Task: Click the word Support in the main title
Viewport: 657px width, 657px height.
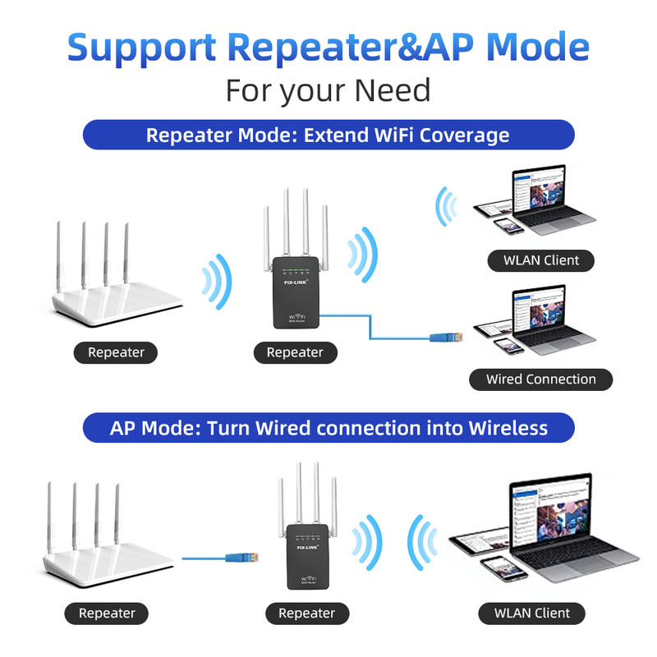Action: coord(142,48)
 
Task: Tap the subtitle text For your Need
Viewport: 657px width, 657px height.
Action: coord(328,90)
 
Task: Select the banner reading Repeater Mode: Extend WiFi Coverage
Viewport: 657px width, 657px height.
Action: coord(328,135)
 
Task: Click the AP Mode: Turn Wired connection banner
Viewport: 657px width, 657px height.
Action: coord(328,428)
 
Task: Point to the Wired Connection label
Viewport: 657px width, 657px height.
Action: coord(540,379)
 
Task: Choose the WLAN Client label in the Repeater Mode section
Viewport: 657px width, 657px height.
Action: coord(540,261)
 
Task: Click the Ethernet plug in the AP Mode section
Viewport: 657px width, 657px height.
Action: coord(250,558)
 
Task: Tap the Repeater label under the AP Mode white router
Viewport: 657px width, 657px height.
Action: coord(107,613)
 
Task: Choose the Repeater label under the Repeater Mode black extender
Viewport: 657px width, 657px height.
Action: coord(295,352)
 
